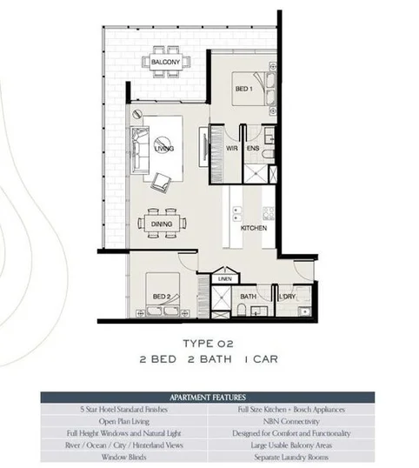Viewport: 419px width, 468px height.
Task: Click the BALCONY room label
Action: [x=165, y=64]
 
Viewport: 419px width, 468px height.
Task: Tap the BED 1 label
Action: [x=243, y=90]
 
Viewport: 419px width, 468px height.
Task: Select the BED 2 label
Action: [x=162, y=297]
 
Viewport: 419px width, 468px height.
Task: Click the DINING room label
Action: [x=161, y=224]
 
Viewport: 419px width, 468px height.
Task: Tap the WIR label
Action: [x=232, y=149]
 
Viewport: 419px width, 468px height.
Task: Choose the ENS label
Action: [x=254, y=149]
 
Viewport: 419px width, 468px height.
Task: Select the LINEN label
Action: [x=225, y=278]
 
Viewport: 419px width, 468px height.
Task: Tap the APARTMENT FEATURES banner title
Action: [x=208, y=396]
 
